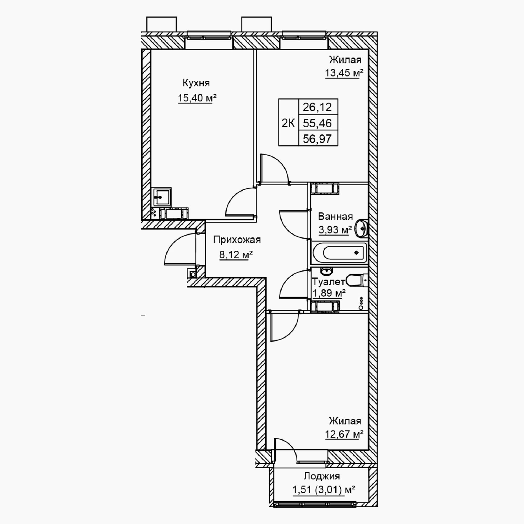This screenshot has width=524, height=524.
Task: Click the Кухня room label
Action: pyautogui.click(x=196, y=83)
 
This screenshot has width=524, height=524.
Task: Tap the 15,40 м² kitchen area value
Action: pyautogui.click(x=197, y=98)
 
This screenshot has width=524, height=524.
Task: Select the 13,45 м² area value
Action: pyautogui.click(x=344, y=73)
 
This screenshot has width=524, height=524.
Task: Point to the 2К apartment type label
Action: pyautogui.click(x=288, y=123)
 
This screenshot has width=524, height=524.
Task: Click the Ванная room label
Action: pyautogui.click(x=335, y=216)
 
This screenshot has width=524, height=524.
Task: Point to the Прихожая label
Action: pyautogui.click(x=237, y=240)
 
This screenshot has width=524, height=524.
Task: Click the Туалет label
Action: pyautogui.click(x=329, y=282)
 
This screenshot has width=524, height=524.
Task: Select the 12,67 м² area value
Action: pyautogui.click(x=344, y=434)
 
